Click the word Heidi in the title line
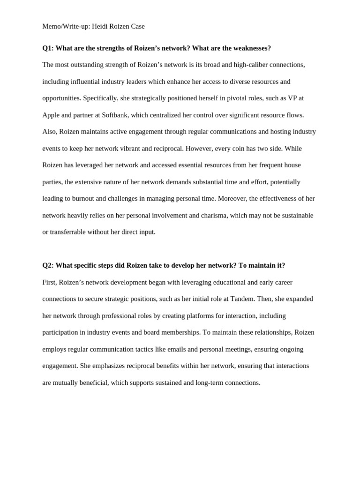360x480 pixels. (100, 26)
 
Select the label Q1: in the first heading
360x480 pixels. (48, 48)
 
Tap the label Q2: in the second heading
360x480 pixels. (48, 265)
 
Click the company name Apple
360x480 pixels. (52, 115)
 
